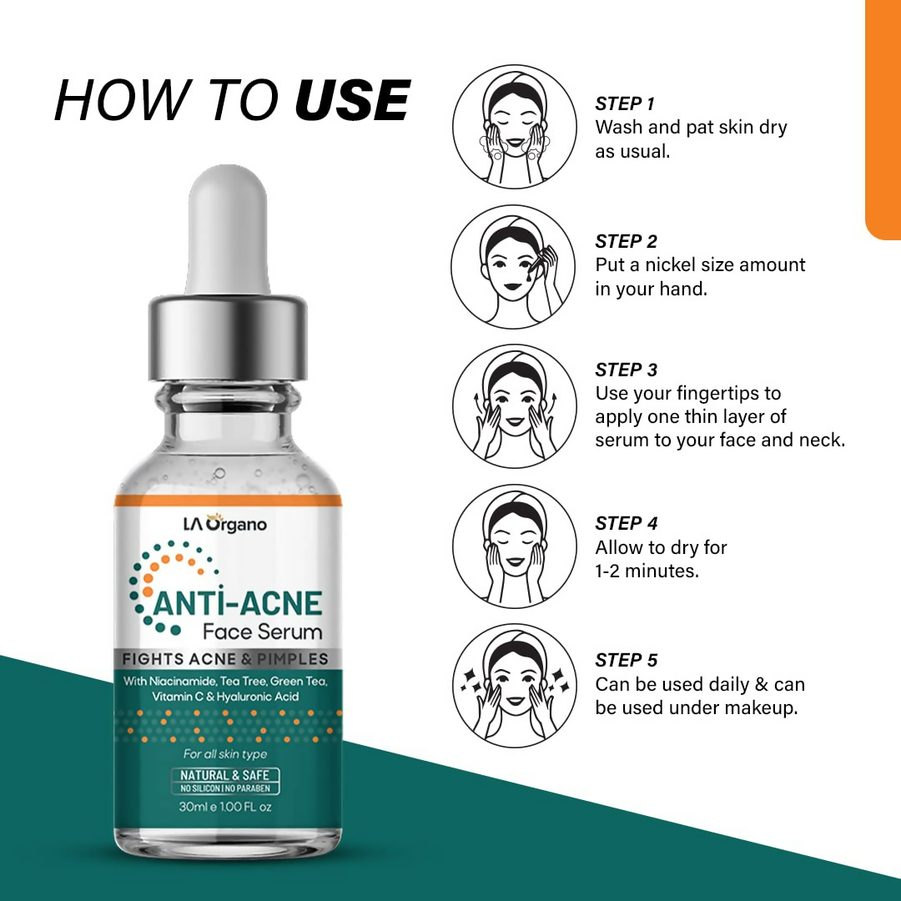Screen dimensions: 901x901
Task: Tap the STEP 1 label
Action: coord(625,103)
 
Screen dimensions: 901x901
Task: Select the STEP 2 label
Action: coord(626,241)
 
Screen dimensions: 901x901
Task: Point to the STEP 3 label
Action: coord(626,370)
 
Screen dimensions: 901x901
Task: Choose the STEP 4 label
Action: coord(627,523)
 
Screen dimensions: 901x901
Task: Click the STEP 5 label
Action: coord(626,660)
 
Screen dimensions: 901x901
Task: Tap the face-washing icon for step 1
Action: coord(514,127)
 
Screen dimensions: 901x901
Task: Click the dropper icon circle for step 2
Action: coord(513,267)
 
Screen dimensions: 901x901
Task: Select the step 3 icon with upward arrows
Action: coord(514,406)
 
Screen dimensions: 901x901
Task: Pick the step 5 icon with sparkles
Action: coord(514,686)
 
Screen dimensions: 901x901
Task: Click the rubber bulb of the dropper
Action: coord(228,230)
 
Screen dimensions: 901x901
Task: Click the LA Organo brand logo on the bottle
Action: coord(224,523)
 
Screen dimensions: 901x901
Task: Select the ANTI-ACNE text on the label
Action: coord(237,603)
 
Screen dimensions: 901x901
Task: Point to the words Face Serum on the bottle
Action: coord(263,632)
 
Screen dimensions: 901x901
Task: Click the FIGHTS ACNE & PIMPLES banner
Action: coord(225,659)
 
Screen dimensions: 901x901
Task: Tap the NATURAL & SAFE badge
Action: coord(225,781)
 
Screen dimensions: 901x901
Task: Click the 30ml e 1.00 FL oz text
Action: coord(225,807)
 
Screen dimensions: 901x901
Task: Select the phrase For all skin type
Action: coord(225,754)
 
